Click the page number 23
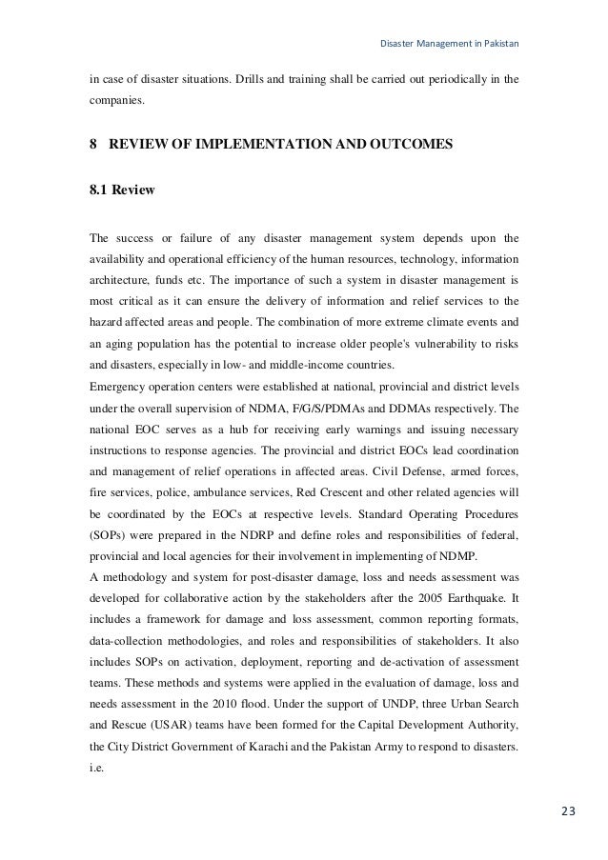tap(568, 810)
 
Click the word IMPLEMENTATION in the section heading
tap(270, 147)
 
